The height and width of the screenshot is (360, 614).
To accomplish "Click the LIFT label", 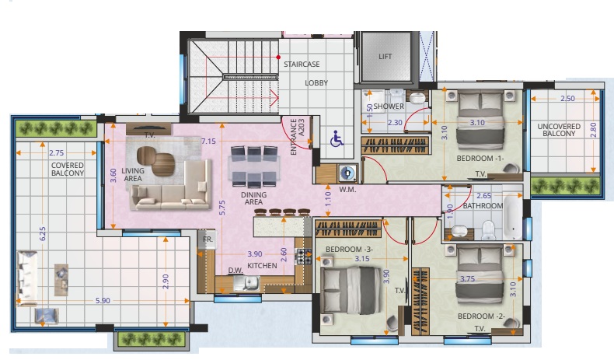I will point(385,57).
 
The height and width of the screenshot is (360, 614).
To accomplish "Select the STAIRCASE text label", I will point(302,64).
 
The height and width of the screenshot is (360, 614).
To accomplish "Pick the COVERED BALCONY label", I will point(68,169).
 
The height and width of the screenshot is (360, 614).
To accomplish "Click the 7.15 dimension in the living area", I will point(208,142).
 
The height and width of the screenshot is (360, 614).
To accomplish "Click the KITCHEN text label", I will point(262,267).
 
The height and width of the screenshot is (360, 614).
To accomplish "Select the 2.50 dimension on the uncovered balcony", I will point(567,99).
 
